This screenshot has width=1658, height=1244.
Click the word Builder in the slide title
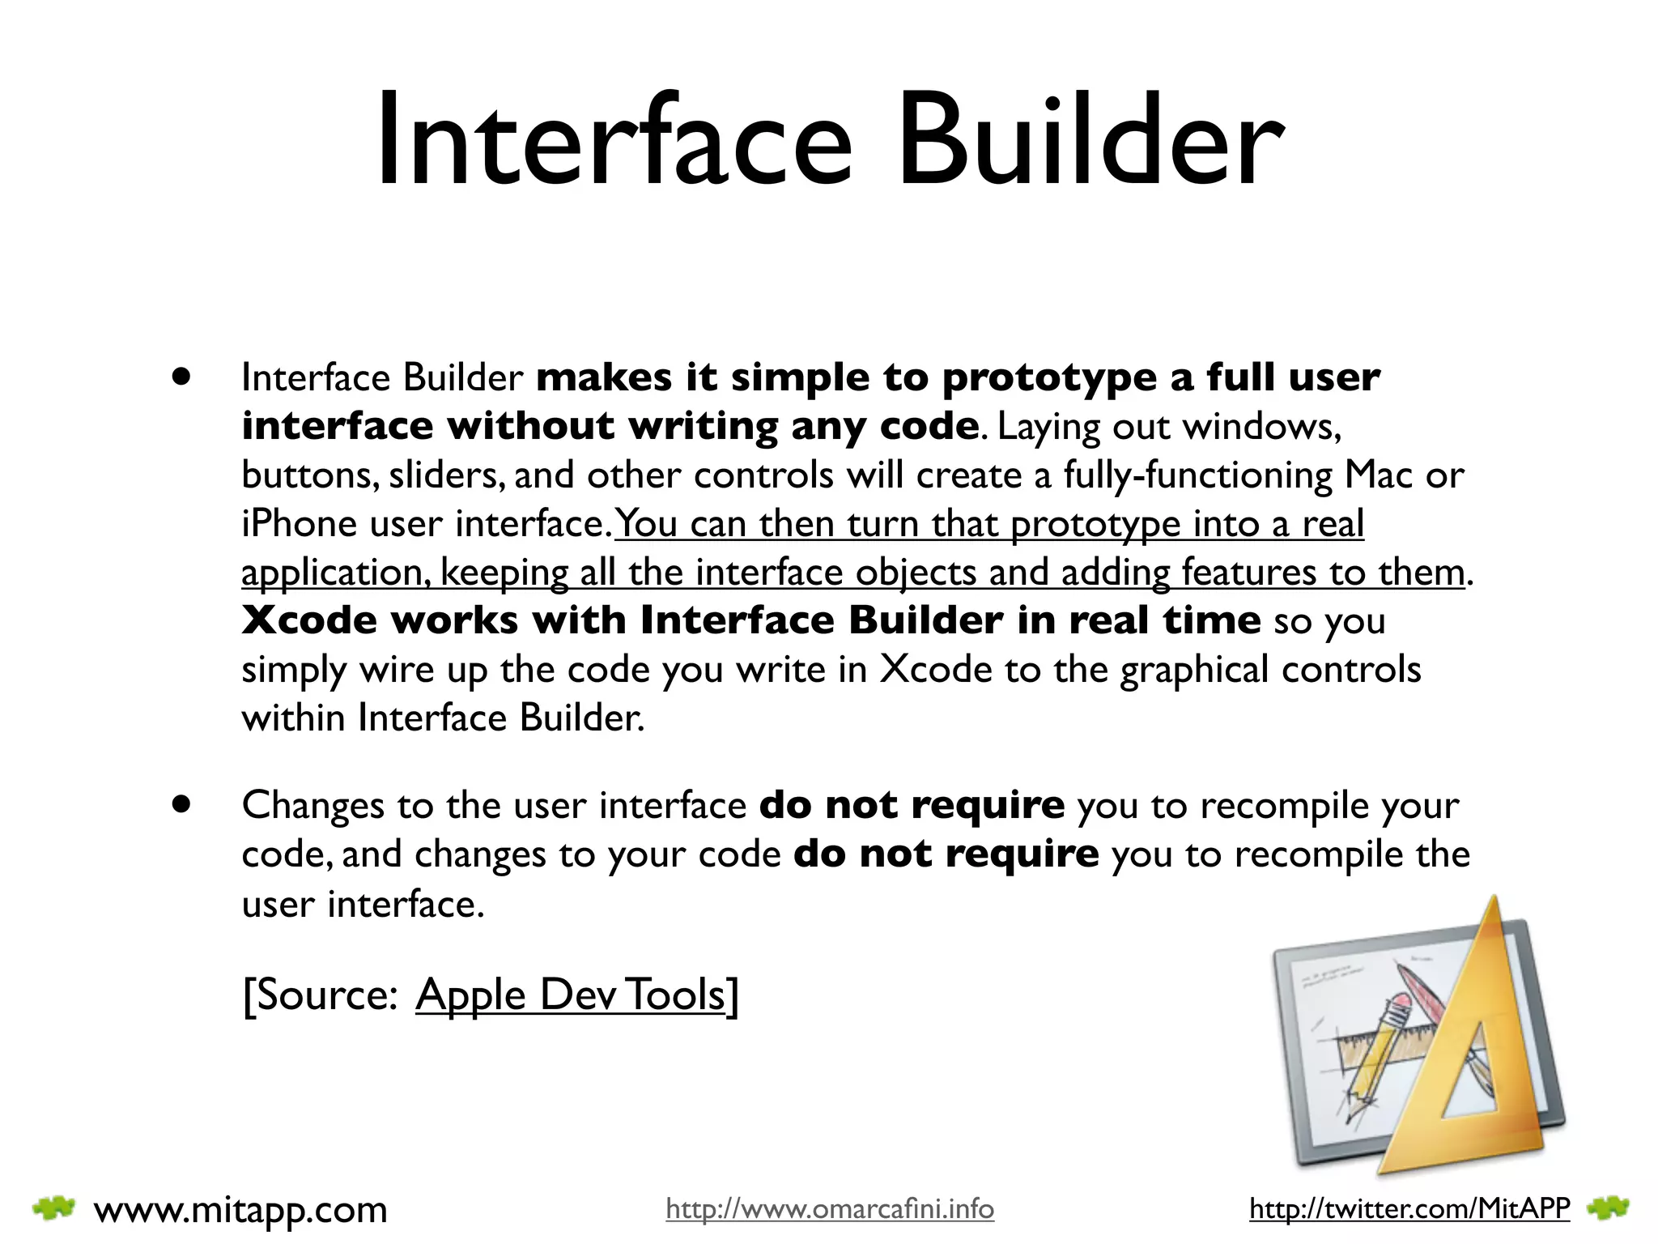point(1090,142)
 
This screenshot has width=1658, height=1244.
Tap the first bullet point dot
point(181,377)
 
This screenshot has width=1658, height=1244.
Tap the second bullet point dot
point(181,804)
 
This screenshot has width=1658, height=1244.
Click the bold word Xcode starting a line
point(310,620)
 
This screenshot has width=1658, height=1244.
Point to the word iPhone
point(299,524)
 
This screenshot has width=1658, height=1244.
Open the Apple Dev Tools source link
point(571,995)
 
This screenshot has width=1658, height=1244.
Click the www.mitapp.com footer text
point(240,1210)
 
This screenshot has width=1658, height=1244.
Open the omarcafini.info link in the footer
point(830,1209)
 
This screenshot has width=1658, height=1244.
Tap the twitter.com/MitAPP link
point(1409,1209)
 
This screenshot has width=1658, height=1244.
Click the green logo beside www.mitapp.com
point(53,1208)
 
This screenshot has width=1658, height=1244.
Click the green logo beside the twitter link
point(1608,1208)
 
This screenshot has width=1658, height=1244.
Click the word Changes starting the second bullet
point(313,806)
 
